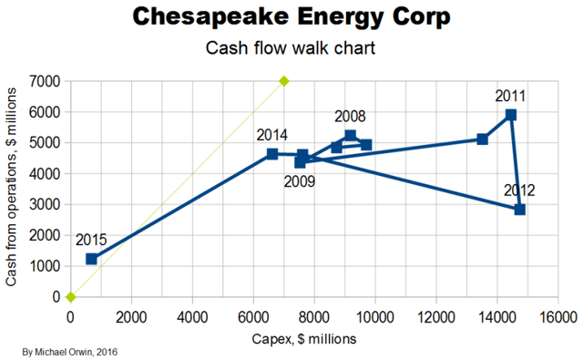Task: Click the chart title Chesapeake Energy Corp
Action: pyautogui.click(x=291, y=18)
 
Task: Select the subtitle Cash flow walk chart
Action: pyautogui.click(x=291, y=51)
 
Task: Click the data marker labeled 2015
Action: pyautogui.click(x=91, y=259)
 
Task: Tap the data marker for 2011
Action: pyautogui.click(x=511, y=115)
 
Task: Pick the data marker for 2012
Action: pyautogui.click(x=519, y=210)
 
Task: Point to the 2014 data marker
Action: pyautogui.click(x=272, y=154)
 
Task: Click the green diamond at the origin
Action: pyautogui.click(x=70, y=296)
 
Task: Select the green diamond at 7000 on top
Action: pyautogui.click(x=283, y=81)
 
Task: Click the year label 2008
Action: pyautogui.click(x=351, y=117)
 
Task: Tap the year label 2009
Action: pyautogui.click(x=299, y=181)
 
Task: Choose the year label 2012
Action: pyautogui.click(x=519, y=190)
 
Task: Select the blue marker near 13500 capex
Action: pyautogui.click(x=483, y=139)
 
